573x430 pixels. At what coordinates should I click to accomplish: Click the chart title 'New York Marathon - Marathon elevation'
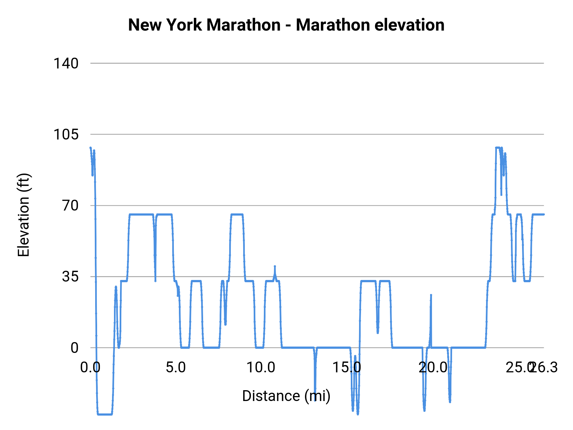[286, 25]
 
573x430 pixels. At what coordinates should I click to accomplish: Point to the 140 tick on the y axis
[66, 63]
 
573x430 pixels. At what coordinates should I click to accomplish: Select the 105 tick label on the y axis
[66, 134]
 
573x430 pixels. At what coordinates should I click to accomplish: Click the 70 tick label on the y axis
[70, 205]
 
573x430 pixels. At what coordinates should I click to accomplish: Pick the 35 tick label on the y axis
[70, 276]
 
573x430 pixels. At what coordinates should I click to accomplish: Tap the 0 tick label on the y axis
[74, 348]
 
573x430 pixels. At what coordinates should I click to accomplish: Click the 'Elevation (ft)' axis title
[24, 215]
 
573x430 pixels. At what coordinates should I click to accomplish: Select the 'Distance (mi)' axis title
[286, 396]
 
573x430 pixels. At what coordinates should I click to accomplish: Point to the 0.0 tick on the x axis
[90, 368]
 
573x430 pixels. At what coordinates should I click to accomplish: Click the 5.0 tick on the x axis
[176, 368]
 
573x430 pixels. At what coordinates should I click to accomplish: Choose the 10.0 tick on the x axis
[261, 368]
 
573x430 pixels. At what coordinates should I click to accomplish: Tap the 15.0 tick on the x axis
[347, 368]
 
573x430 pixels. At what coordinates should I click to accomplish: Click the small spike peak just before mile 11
[275, 266]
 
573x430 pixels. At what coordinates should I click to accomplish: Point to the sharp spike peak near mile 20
[431, 295]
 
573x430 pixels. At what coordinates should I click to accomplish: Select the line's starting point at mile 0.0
[90, 148]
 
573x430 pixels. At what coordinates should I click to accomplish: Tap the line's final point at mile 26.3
[544, 214]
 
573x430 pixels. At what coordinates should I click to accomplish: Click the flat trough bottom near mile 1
[105, 414]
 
